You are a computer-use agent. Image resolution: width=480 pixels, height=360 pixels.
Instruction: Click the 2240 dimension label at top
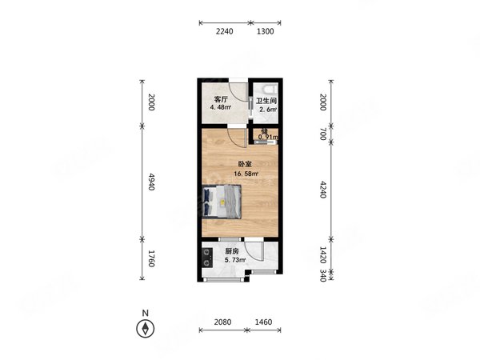pos(224,31)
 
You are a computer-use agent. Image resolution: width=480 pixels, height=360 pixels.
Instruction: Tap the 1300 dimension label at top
pos(265,31)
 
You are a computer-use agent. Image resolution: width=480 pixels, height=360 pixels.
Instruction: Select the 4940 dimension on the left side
pos(151,182)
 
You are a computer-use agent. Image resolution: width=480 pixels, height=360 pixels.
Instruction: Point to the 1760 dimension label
pos(151,258)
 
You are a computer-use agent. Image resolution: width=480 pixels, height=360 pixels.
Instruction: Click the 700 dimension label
pos(323,134)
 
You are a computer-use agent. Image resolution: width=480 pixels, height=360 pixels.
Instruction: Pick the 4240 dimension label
pos(323,190)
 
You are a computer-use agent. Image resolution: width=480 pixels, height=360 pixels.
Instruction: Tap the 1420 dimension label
pos(323,255)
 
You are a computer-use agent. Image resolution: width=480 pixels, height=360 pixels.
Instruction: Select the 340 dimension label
pos(323,275)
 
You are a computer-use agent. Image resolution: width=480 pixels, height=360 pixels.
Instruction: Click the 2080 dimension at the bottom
pos(222,322)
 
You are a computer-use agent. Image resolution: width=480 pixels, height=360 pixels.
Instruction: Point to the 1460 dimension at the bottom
pos(263,322)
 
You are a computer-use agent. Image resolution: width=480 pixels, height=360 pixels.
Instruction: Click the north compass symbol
pos(145,329)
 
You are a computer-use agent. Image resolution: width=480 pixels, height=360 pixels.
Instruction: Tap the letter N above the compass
pos(146,313)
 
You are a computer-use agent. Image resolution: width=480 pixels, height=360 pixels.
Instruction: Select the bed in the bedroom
pos(222,202)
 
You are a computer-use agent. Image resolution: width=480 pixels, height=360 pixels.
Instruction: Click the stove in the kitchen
pos(207,258)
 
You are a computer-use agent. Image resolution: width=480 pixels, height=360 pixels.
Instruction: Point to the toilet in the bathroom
pos(270,88)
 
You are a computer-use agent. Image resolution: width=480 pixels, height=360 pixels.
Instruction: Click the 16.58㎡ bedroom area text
pos(246,174)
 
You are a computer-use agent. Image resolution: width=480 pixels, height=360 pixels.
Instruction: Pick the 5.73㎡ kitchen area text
pos(235,260)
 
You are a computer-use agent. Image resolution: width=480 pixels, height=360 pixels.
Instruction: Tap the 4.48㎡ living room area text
pos(221,107)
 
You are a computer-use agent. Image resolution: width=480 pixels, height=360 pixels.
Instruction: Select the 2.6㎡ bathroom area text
pos(268,110)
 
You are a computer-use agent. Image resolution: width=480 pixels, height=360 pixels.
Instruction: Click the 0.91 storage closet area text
pos(268,137)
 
